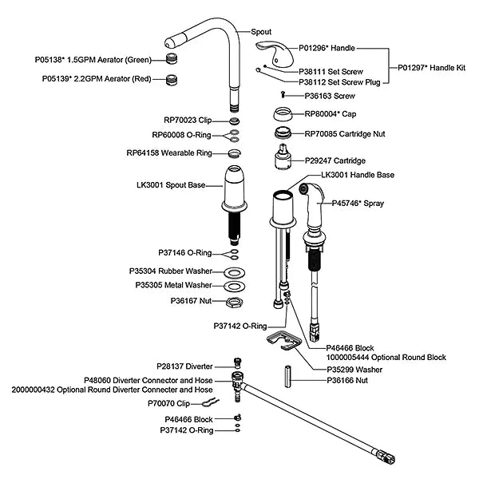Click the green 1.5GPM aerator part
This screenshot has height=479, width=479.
172,59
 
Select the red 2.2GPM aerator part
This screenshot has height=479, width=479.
172,80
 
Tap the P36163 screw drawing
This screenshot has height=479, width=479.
283,95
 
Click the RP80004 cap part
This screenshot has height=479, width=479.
283,114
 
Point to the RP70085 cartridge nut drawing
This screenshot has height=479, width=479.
283,133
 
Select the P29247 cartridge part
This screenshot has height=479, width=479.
283,156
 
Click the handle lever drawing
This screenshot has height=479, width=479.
275,54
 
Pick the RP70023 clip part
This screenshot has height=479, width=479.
234,121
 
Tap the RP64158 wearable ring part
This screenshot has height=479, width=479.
234,153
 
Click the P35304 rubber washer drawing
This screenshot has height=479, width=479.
234,272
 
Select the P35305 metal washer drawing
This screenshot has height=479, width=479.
234,287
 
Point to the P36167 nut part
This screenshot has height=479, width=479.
234,302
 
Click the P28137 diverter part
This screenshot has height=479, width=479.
237,363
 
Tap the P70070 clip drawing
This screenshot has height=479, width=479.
211,402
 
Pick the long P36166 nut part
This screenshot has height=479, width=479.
287,376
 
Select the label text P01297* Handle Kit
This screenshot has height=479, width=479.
431,68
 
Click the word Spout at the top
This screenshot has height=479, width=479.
261,31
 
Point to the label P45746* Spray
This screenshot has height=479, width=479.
358,203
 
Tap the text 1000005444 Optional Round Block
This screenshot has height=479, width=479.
386,357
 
